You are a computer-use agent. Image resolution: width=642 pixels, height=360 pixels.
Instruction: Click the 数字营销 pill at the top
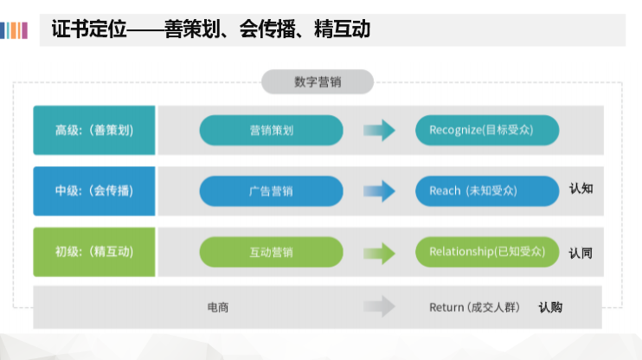(x=318, y=82)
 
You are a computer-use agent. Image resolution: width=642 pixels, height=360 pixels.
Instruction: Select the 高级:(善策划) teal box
(x=94, y=131)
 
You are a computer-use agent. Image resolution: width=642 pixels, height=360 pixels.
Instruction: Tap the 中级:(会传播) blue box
(x=94, y=191)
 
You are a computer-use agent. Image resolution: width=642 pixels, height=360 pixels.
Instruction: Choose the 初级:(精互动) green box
(x=94, y=252)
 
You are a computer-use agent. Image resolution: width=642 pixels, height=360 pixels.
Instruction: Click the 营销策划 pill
(x=271, y=131)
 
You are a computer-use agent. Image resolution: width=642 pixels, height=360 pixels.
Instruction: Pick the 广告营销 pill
(x=271, y=191)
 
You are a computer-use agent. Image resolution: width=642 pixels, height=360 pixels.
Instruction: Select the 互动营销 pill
(x=271, y=252)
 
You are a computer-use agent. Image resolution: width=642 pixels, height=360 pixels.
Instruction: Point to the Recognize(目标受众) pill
(x=487, y=131)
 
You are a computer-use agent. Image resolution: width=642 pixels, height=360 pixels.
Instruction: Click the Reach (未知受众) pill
(x=487, y=191)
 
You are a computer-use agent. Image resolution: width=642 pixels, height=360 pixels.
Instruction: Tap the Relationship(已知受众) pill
(x=487, y=252)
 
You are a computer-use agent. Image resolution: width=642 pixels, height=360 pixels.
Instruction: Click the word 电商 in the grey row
(x=218, y=307)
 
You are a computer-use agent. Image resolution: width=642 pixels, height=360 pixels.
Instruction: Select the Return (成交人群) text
(x=475, y=307)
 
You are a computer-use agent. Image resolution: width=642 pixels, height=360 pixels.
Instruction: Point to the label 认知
(x=581, y=189)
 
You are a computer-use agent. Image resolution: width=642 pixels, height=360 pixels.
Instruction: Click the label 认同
(x=581, y=254)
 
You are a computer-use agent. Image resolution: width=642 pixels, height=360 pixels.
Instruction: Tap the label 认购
(x=550, y=306)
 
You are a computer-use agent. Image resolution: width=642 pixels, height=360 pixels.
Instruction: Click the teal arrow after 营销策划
(x=379, y=131)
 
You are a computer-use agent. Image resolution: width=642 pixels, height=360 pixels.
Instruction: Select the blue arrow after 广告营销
(x=379, y=191)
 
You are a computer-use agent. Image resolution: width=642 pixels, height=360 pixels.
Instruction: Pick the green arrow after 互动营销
(x=379, y=253)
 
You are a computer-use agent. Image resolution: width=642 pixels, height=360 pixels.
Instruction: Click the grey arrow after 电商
(x=379, y=306)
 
